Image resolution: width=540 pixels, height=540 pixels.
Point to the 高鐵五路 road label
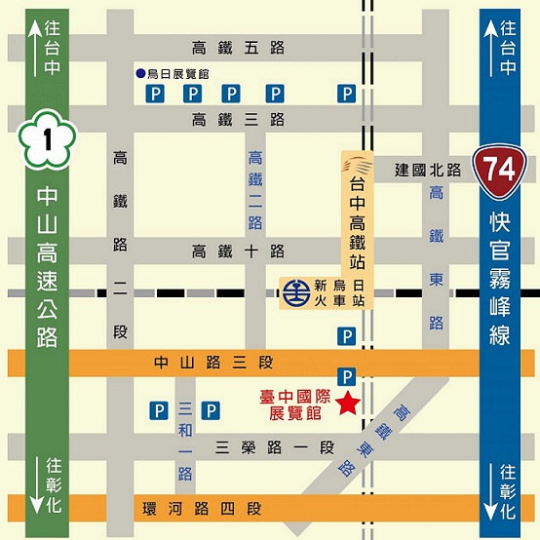coord(238,47)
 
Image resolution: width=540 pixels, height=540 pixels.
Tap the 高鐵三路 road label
coord(238,120)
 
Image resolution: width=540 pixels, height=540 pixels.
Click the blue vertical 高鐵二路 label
coord(255,189)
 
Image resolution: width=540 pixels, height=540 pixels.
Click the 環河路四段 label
coord(215,509)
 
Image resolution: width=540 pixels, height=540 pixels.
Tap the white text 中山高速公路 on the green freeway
coord(46,267)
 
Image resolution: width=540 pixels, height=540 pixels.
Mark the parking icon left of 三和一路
coord(156,410)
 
